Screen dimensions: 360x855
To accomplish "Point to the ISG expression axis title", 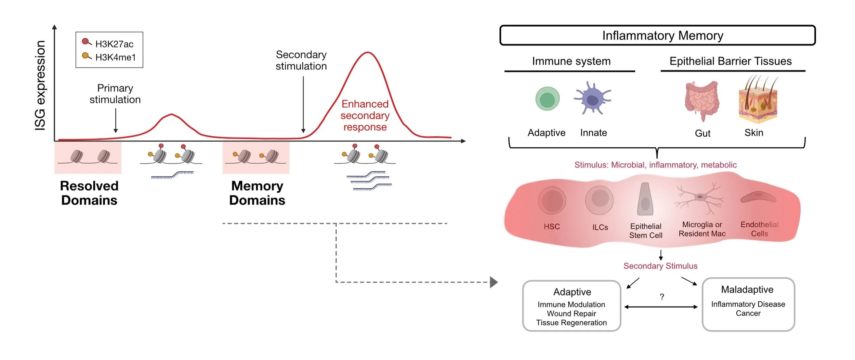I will [40, 85].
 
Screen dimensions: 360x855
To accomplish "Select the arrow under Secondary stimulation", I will [303, 104].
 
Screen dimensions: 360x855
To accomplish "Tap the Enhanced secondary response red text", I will [365, 116].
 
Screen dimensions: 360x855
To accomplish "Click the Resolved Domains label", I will [89, 193].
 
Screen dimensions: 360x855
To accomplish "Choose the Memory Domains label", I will [257, 193].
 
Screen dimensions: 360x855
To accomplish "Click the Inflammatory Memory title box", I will [657, 36].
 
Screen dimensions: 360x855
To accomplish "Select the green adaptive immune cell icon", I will [547, 99].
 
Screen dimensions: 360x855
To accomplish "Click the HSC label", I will [552, 227].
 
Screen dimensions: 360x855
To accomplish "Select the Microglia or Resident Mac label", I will [702, 229].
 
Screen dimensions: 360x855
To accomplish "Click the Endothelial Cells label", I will [759, 229].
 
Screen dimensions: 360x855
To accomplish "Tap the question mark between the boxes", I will [662, 297].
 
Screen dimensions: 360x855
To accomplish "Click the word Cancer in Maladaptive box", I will [748, 314].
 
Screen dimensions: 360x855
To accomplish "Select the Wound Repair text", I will [571, 314].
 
